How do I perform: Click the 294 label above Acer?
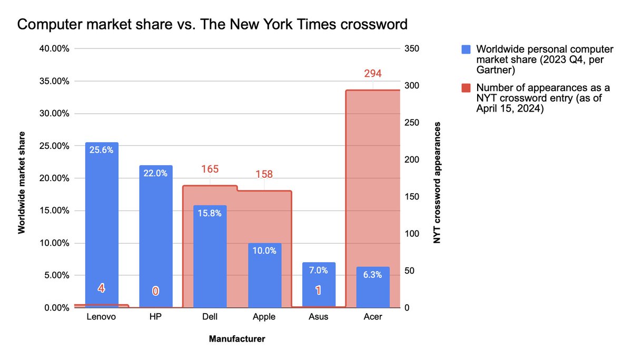pos(373,74)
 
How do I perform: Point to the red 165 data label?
pos(210,169)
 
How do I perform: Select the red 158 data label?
pos(264,174)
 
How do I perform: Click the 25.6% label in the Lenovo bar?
pos(102,150)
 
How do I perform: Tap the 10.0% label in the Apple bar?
pos(264,251)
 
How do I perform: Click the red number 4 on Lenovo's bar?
pos(102,288)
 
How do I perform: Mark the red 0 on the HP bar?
pos(156,291)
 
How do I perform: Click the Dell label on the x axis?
pos(210,317)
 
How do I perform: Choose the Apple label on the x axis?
pos(264,317)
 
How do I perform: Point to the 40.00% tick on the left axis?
pos(54,48)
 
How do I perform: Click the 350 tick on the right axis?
pos(411,48)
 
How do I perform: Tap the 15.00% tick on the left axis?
pos(54,211)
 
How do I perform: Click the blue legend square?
pos(466,49)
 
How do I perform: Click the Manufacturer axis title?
pos(237,338)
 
